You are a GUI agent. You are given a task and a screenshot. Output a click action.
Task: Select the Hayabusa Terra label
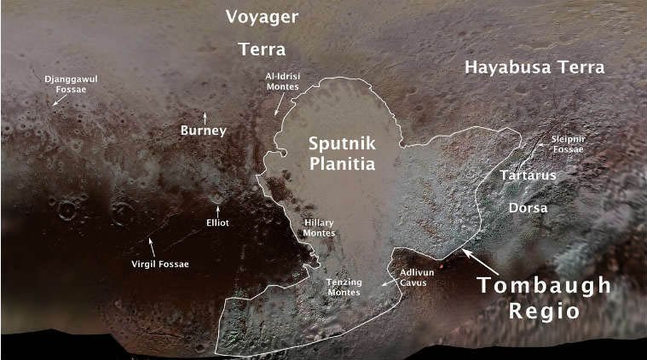(x=534, y=68)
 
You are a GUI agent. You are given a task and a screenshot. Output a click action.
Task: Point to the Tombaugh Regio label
(x=544, y=298)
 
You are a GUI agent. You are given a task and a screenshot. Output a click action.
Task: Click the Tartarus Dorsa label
(x=528, y=191)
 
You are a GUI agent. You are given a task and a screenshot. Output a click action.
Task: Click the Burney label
(x=203, y=131)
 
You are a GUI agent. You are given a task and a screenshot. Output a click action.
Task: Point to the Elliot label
(x=218, y=223)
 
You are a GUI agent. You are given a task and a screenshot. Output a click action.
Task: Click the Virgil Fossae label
(x=160, y=264)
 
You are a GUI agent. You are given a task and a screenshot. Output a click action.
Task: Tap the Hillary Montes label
(x=319, y=227)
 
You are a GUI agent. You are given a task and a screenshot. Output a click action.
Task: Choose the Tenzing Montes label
(x=344, y=286)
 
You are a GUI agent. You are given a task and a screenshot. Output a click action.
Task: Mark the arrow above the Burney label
(x=204, y=115)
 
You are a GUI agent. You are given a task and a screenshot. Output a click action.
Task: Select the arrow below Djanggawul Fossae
(x=58, y=100)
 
